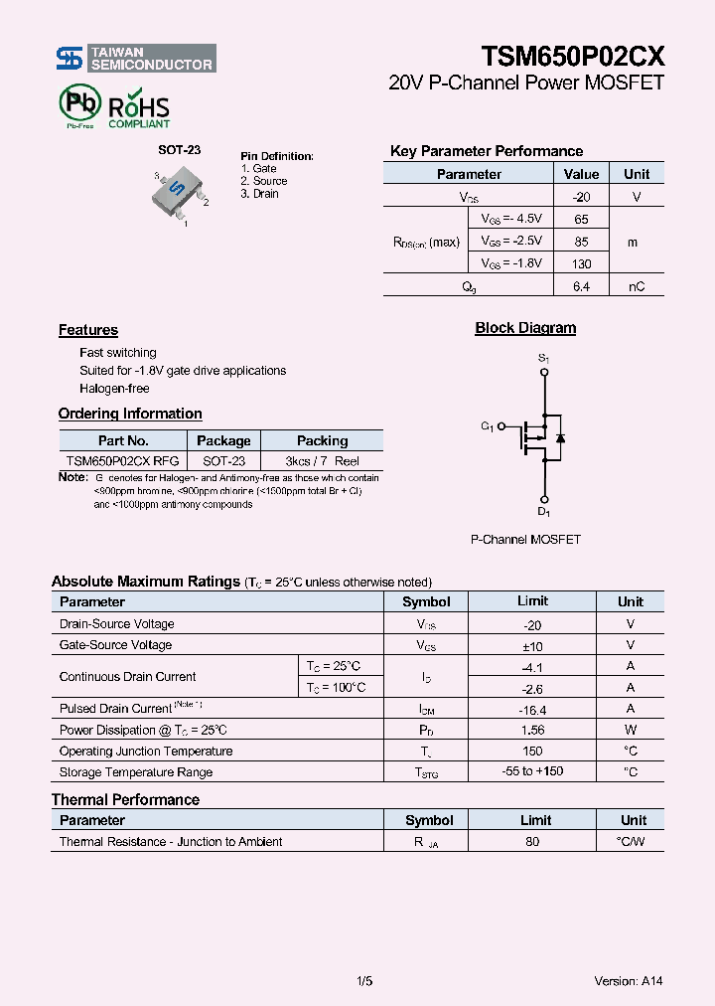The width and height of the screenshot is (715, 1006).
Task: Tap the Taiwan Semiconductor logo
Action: (135, 59)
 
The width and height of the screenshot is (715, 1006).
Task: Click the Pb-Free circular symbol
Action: (79, 104)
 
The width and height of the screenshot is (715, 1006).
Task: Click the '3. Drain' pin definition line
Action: (259, 194)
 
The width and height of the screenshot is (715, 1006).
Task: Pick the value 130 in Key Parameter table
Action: (581, 263)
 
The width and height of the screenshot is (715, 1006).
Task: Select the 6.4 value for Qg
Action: (581, 286)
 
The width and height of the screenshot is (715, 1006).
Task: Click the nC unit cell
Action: (636, 286)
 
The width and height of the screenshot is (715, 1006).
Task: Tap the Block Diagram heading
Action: (525, 328)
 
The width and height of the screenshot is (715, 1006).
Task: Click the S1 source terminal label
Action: (543, 357)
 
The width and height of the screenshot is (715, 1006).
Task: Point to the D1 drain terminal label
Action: (543, 512)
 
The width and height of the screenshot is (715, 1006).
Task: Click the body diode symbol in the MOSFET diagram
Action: (560, 437)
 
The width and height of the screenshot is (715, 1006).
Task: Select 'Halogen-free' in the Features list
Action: (114, 389)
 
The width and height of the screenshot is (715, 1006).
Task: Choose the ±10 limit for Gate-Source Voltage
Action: (532, 645)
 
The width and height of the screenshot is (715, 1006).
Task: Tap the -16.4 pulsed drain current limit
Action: (532, 710)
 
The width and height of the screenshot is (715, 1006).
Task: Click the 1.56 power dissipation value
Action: (532, 731)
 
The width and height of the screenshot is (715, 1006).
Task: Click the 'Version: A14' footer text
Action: (628, 981)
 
